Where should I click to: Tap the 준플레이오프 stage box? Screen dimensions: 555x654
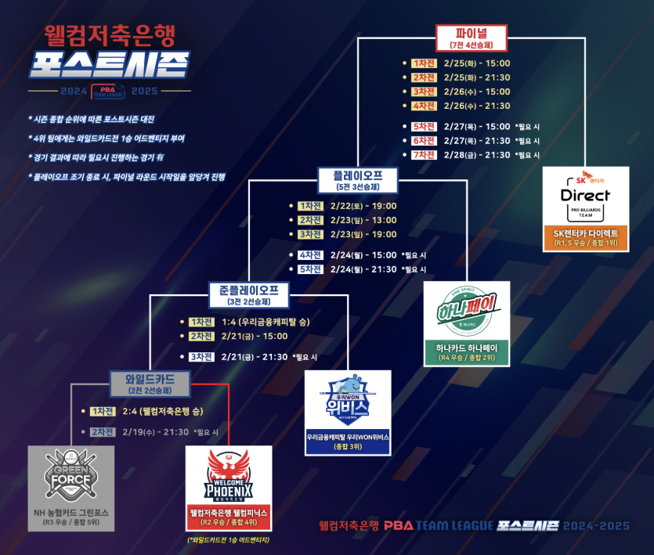(249, 295)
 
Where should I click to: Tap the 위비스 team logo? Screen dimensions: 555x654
(348, 399)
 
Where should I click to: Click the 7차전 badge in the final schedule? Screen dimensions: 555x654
(423, 155)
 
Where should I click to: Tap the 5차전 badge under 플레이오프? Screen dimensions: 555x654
(309, 269)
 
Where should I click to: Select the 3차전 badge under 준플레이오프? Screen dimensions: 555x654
(201, 357)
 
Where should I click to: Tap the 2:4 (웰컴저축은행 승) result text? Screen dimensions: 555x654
(163, 412)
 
